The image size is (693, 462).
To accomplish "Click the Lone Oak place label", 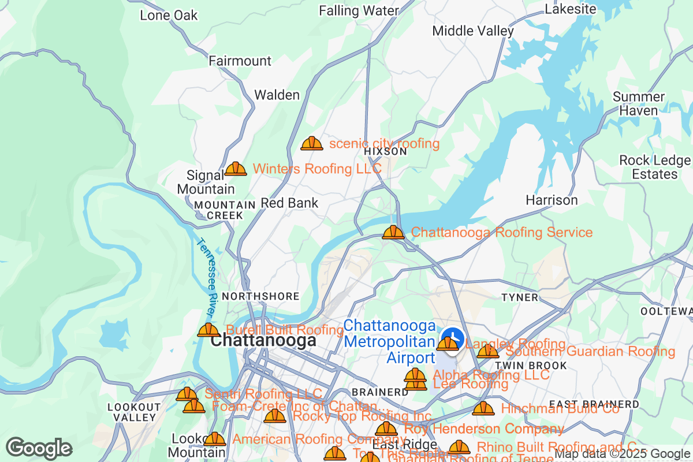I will pyautogui.click(x=169, y=15).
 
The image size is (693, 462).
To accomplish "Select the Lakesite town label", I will pyautogui.click(x=571, y=9).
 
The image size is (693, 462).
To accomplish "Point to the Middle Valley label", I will pyautogui.click(x=473, y=31).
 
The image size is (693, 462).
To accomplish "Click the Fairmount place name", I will pyautogui.click(x=240, y=61).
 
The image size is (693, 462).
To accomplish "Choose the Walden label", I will pyautogui.click(x=277, y=95).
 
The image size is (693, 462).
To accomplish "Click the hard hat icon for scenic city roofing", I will pyautogui.click(x=312, y=143).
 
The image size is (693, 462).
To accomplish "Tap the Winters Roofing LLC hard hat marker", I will pyautogui.click(x=236, y=169).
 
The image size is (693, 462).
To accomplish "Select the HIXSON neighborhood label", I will pyautogui.click(x=386, y=151).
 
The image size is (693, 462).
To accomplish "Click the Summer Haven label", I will pyautogui.click(x=639, y=103).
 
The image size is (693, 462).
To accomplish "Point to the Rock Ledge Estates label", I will pyautogui.click(x=654, y=167).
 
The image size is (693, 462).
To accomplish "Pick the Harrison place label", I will pyautogui.click(x=552, y=200).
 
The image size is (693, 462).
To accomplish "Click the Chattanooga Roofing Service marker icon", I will pyautogui.click(x=393, y=232).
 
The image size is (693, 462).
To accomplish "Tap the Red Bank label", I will pyautogui.click(x=289, y=203).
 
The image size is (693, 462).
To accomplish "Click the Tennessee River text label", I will pyautogui.click(x=205, y=277).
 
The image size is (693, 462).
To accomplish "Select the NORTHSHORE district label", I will pyautogui.click(x=260, y=296).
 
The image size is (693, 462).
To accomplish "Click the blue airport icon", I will pyautogui.click(x=452, y=337).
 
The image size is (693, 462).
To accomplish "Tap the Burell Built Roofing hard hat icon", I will pyautogui.click(x=208, y=330).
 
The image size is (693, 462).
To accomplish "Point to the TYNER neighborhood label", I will pyautogui.click(x=520, y=297).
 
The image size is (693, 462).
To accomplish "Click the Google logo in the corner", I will pyautogui.click(x=39, y=448).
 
